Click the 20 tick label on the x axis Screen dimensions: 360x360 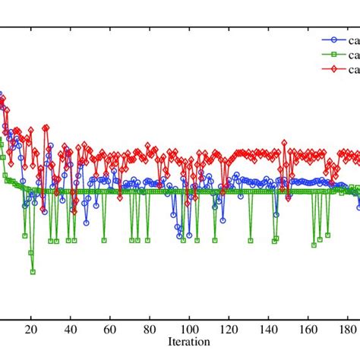click(x=30, y=330)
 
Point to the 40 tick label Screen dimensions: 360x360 click(x=70, y=330)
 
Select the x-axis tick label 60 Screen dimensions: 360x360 click(x=109, y=330)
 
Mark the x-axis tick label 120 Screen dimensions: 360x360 click(x=229, y=330)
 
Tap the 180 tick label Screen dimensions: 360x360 click(x=347, y=330)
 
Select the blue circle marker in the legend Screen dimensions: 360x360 click(x=330, y=41)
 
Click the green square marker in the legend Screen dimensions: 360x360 click(x=330, y=55)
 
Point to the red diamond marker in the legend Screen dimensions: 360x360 click(x=330, y=70)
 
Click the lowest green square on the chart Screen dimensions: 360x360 click(x=33, y=271)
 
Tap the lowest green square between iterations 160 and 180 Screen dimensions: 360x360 click(x=314, y=245)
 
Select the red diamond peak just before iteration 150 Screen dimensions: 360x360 click(x=284, y=143)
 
